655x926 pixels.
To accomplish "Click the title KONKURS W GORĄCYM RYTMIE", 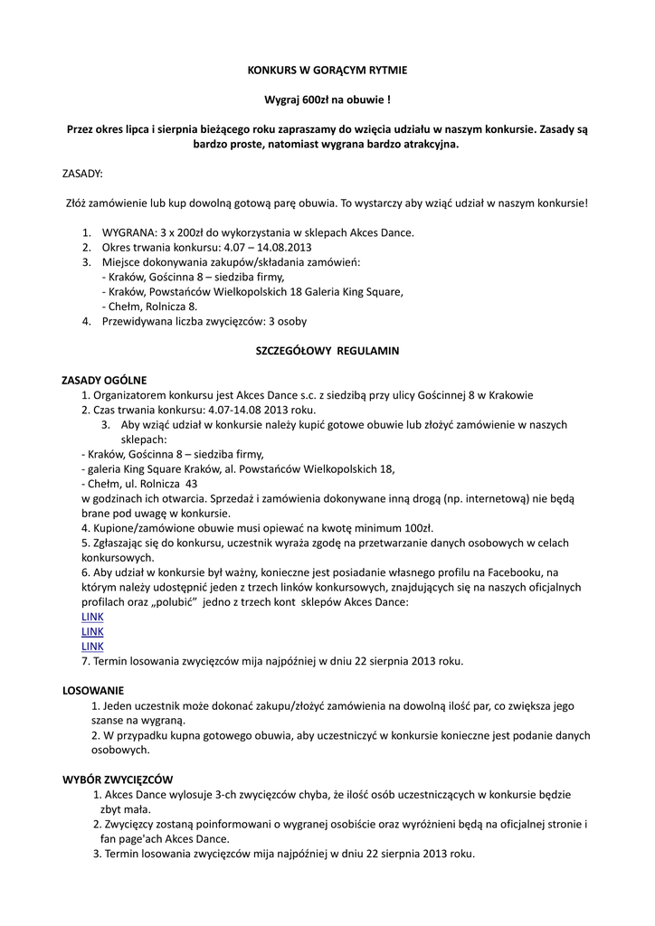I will (x=327, y=69).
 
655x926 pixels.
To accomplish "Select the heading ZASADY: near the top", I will (x=82, y=173).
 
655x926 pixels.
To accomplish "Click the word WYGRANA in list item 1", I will (x=127, y=232).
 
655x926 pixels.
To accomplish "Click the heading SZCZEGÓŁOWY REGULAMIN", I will (x=327, y=350).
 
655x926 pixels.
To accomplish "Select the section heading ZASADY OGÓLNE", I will (x=103, y=380).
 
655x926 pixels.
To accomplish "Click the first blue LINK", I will (x=92, y=617).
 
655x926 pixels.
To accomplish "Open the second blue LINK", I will (x=92, y=631).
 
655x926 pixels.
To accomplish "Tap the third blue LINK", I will (x=92, y=647).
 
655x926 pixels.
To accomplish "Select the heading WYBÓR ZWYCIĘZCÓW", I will (x=117, y=780).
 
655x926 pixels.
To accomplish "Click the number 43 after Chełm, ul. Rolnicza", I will (x=191, y=484).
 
